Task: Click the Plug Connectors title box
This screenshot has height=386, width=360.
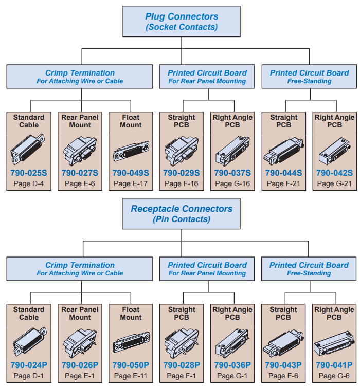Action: click(x=181, y=22)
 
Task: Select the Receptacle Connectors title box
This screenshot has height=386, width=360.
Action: click(x=181, y=214)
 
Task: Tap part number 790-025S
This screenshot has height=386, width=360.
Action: click(x=29, y=173)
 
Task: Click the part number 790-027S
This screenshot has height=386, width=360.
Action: click(x=80, y=173)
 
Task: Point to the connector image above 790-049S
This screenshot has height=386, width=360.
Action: click(x=131, y=150)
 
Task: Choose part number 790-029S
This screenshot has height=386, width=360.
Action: click(x=182, y=173)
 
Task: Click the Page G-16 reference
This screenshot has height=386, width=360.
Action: click(x=232, y=183)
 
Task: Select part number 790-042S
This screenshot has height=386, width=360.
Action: click(x=334, y=173)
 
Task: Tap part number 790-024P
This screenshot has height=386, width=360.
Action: click(x=29, y=365)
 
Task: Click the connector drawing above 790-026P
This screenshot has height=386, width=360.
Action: click(x=80, y=342)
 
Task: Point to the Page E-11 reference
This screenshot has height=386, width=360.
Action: click(x=131, y=376)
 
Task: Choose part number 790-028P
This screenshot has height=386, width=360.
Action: click(x=182, y=365)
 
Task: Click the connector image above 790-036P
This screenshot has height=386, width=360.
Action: click(x=232, y=342)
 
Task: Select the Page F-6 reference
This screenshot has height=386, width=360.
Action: click(x=283, y=376)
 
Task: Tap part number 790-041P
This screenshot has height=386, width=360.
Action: click(x=334, y=365)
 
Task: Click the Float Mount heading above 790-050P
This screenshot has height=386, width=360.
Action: click(x=131, y=314)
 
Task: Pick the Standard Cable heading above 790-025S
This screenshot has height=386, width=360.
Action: click(x=29, y=121)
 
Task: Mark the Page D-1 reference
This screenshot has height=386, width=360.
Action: click(x=29, y=376)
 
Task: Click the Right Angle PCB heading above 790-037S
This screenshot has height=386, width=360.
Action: click(x=232, y=121)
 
